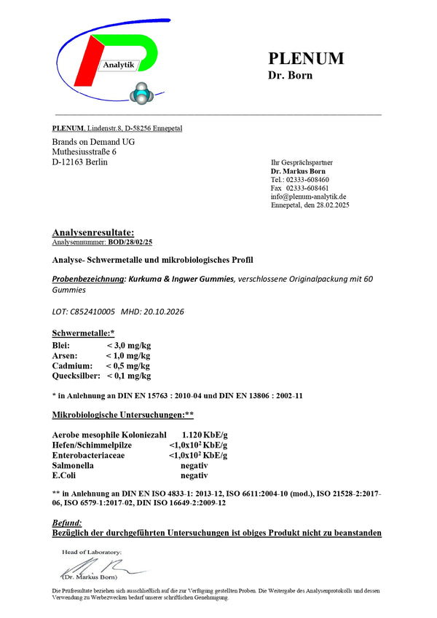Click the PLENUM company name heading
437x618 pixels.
point(306,58)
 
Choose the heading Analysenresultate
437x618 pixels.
point(93,232)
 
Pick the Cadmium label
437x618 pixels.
point(72,365)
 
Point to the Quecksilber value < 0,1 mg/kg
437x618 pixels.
point(129,376)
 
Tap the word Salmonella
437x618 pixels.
point(74,465)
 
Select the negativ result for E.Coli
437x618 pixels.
point(194,475)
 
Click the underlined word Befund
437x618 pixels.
point(67,523)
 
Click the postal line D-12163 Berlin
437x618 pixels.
point(80,162)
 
